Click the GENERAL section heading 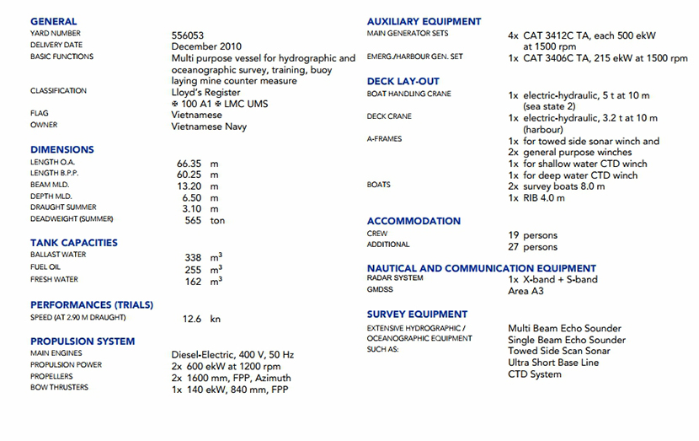click(53, 21)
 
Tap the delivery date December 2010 click(207, 46)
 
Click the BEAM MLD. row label click(50, 185)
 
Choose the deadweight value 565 click(194, 220)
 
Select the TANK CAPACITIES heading click(74, 243)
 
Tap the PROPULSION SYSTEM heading click(82, 342)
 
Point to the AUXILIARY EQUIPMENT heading click(424, 21)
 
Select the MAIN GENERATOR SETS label click(408, 34)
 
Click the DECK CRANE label click(389, 116)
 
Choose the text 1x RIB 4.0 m click(536, 198)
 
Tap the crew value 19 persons click(532, 235)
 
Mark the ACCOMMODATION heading click(414, 221)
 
